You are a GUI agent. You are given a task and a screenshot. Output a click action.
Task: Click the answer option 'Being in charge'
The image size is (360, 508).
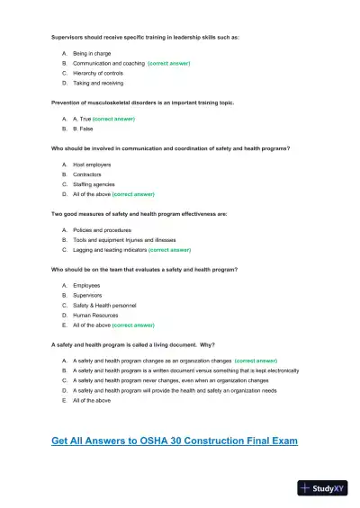(92, 54)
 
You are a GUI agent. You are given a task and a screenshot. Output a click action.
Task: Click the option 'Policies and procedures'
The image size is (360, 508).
(102, 230)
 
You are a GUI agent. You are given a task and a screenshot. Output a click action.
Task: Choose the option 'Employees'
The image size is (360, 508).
(86, 286)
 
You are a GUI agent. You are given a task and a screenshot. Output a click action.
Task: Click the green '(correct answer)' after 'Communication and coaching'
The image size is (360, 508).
(169, 64)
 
